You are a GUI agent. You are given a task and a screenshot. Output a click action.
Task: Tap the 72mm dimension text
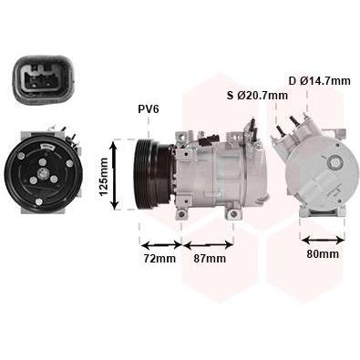click(159, 259)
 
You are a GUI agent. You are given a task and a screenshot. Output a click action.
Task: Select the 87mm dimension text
click(209, 259)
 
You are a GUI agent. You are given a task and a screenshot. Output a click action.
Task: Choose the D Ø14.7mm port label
click(319, 81)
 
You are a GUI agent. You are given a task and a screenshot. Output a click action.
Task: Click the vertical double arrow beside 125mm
click(116, 175)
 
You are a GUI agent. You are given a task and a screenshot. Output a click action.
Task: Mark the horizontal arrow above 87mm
click(210, 243)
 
